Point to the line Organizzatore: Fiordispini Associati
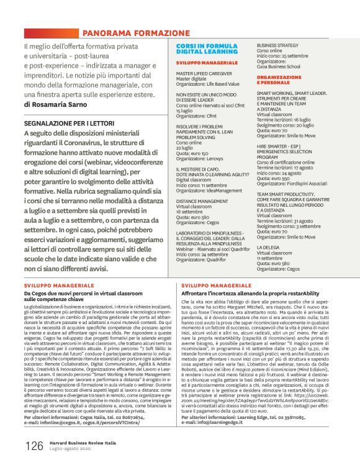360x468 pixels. [x=292, y=182]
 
